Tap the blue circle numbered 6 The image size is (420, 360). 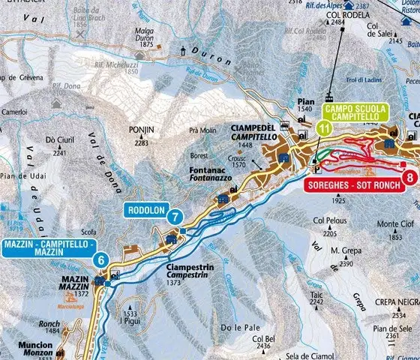click(100, 259)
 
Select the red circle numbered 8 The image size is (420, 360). click(409, 178)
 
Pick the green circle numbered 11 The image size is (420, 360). click(324, 128)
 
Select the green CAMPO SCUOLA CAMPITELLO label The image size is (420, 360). click(355, 113)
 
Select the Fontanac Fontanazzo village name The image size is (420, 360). click(219, 175)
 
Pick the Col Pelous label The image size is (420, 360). click(330, 220)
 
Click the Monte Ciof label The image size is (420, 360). click(394, 224)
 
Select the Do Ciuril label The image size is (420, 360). click(61, 139)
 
